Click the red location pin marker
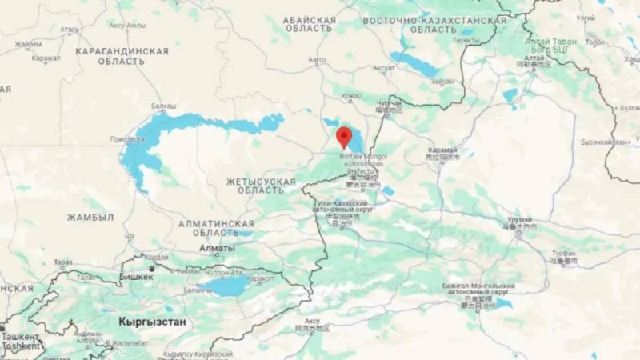pyautogui.click(x=344, y=136)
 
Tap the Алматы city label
pyautogui.click(x=217, y=249)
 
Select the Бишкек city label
pyautogui.click(x=136, y=278)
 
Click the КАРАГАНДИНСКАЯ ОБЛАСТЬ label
pyautogui.click(x=122, y=56)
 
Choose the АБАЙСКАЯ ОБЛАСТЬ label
pyautogui.click(x=307, y=23)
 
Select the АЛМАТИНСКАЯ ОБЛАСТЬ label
pyautogui.click(x=216, y=228)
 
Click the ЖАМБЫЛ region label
pyautogui.click(x=90, y=218)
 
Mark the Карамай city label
pyautogui.click(x=442, y=150)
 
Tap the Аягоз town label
pyautogui.click(x=317, y=59)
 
